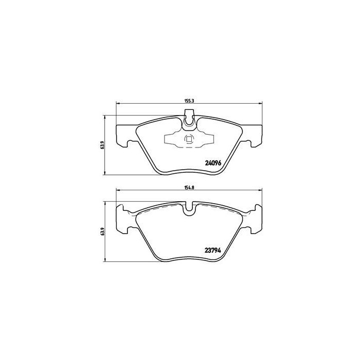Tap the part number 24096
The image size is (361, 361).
click(212, 163)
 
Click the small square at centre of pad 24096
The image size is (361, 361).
click(188, 139)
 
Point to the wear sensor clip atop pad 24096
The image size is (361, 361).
click(189, 120)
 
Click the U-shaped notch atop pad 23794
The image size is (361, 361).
click(189, 209)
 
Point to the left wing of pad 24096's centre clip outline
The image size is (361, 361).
click(171, 140)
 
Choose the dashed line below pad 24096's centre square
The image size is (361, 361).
click(188, 146)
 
